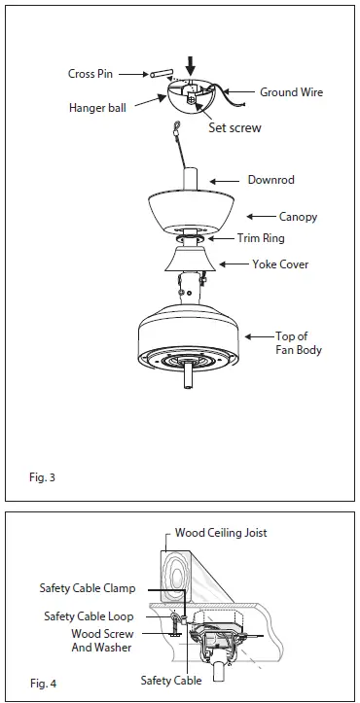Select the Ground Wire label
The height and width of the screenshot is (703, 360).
[x=291, y=93]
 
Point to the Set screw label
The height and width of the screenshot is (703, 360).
[x=234, y=127]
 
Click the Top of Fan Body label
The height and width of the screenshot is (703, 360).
[x=298, y=342]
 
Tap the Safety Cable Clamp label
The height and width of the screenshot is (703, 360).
[x=88, y=588]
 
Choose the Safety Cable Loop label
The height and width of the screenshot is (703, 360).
[x=90, y=616]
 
